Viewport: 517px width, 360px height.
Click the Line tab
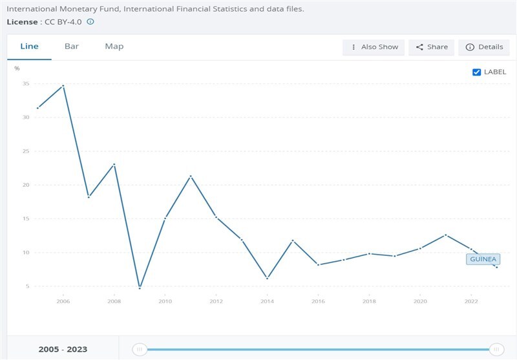click(x=30, y=47)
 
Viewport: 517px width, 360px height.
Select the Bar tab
click(x=72, y=47)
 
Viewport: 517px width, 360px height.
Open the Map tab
click(x=114, y=47)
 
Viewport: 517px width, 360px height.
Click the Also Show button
click(x=374, y=47)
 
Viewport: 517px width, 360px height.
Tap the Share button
click(x=432, y=47)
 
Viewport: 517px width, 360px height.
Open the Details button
click(x=483, y=47)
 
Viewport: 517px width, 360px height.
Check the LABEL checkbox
click(x=477, y=72)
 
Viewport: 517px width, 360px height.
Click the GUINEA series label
click(x=483, y=259)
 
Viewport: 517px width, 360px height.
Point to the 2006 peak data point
click(x=63, y=85)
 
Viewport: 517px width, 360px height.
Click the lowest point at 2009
click(x=140, y=288)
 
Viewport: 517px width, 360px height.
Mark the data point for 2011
click(x=190, y=176)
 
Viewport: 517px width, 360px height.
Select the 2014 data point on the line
click(x=267, y=278)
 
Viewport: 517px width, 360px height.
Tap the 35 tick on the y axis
click(x=26, y=84)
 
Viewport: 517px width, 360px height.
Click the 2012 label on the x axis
click(x=216, y=301)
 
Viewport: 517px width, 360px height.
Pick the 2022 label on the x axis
click(x=471, y=301)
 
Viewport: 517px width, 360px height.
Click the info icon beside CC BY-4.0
click(x=90, y=21)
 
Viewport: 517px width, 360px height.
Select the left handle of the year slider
click(x=139, y=350)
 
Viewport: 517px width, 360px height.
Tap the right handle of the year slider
click(x=496, y=350)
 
